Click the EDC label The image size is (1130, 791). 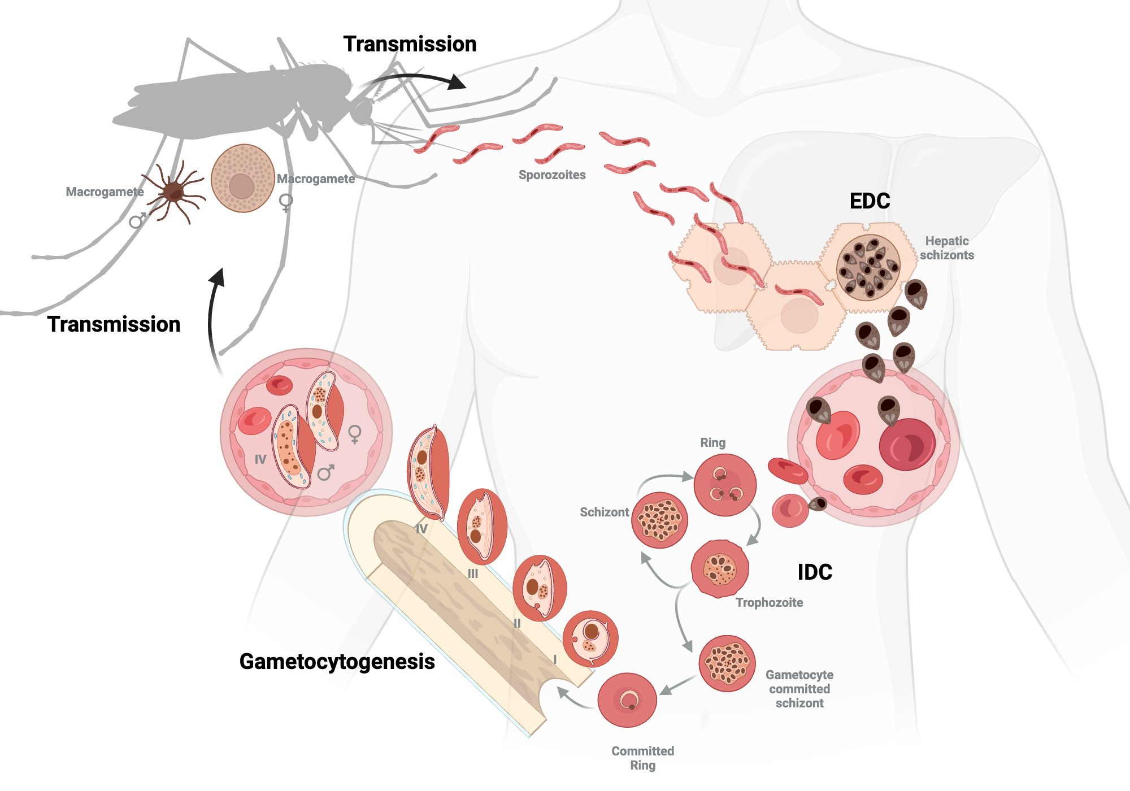point(870,201)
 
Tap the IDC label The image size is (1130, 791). point(815,572)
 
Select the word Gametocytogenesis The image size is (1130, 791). point(337,662)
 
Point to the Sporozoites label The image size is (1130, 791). point(552,175)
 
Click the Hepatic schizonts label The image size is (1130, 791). point(947,248)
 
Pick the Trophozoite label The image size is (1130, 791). point(769,603)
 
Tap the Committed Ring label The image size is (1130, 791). point(643,758)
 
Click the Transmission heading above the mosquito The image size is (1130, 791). point(410,44)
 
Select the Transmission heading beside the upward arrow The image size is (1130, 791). point(114,324)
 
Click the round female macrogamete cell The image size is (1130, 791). point(242,179)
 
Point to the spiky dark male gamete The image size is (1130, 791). point(174,193)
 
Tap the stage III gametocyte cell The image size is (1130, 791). point(481,527)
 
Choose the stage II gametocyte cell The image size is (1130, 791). point(539,588)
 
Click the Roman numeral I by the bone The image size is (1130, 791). point(555,659)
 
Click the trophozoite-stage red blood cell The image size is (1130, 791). point(720,568)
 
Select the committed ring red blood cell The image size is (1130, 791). point(627,700)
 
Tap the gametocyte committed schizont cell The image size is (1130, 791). point(727,663)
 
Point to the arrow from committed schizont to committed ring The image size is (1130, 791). point(678,685)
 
